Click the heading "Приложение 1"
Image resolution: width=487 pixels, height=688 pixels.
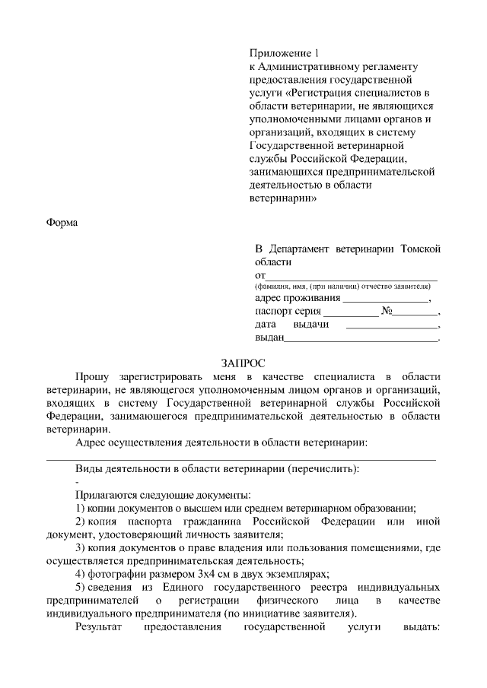click(x=282, y=53)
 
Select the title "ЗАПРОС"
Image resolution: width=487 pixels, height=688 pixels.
click(x=243, y=363)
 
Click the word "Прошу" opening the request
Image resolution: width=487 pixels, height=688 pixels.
click(x=92, y=377)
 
